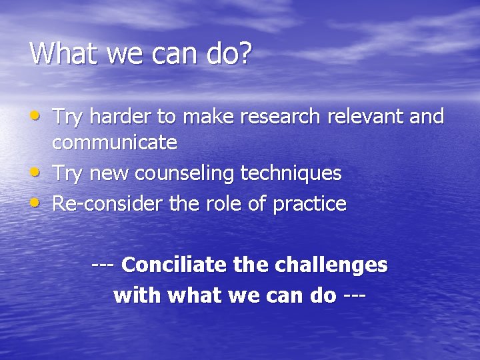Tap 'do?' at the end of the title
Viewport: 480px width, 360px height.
[228, 53]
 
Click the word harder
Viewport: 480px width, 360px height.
[121, 117]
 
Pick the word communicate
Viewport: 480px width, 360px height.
[115, 143]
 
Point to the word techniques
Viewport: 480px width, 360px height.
[291, 173]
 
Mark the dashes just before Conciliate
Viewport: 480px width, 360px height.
[104, 265]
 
